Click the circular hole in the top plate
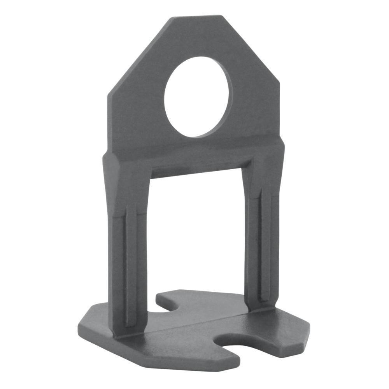point(198,97)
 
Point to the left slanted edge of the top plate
point(138,54)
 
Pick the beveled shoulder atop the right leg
point(272,156)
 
